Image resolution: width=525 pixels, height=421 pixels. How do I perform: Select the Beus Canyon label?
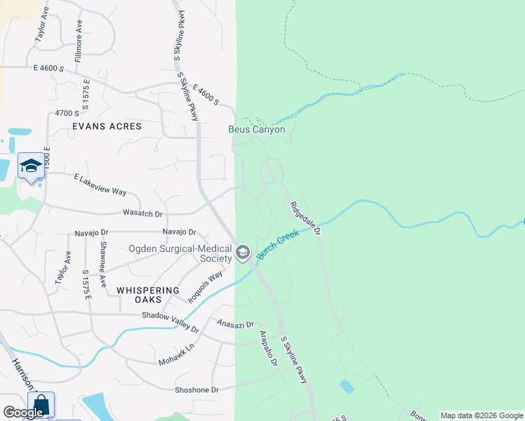257,130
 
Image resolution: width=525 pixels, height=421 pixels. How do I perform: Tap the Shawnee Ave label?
103,265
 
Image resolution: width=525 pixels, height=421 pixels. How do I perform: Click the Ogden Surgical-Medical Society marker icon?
243,253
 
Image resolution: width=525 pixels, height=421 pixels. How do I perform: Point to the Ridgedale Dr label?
305,218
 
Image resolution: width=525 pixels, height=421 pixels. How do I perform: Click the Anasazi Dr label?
235,324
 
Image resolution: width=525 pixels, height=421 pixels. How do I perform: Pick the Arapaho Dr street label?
269,349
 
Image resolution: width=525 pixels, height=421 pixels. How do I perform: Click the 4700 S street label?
67,113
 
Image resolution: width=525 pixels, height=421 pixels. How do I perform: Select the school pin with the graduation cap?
30,166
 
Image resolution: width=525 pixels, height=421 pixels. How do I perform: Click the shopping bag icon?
40,405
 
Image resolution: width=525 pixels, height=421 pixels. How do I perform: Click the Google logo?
23,413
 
